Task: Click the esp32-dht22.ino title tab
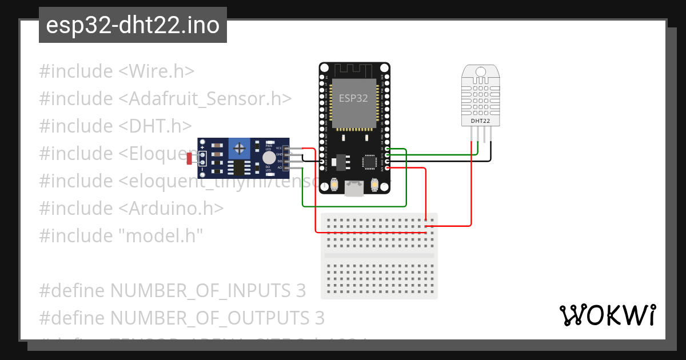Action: point(133,26)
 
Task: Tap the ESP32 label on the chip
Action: point(353,98)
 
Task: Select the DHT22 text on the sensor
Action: point(480,121)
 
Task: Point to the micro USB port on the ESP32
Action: point(354,189)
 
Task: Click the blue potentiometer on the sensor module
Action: point(240,150)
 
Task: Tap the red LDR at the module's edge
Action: point(189,159)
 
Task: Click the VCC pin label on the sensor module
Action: point(280,148)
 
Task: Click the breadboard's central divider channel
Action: point(379,255)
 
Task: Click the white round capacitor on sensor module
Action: point(269,158)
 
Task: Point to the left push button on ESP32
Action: point(334,185)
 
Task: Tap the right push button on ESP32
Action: point(375,185)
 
